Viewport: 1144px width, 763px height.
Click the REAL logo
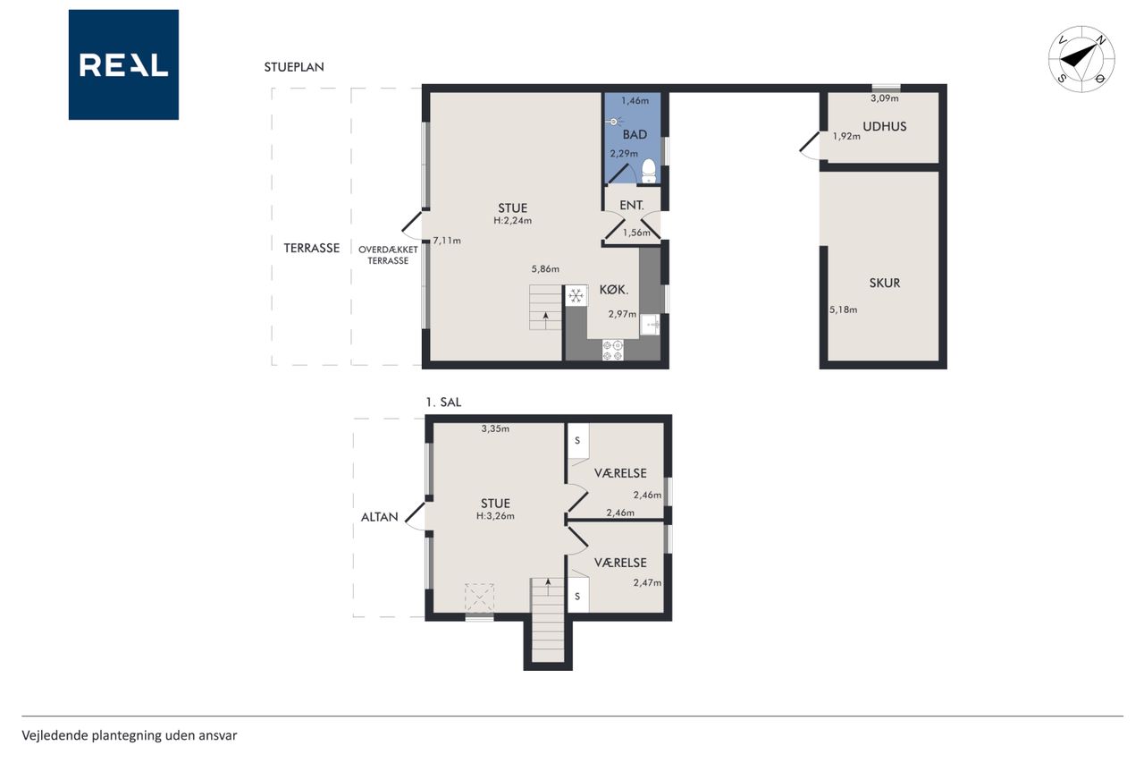(x=123, y=65)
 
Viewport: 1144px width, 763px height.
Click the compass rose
(x=1081, y=59)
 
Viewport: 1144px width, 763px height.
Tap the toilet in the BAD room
(x=649, y=171)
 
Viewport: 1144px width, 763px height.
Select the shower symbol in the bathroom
(x=614, y=122)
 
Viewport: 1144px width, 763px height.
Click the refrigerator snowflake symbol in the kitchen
(x=576, y=295)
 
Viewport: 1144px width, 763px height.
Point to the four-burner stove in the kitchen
(x=613, y=350)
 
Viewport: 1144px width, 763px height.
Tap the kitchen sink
(x=650, y=325)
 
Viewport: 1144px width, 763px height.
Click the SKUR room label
(x=885, y=283)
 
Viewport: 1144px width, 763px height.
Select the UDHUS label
(x=885, y=126)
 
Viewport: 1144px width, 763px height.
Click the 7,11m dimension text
(x=447, y=241)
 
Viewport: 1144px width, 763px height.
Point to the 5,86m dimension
(x=545, y=269)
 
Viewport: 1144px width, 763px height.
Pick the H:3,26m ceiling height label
(x=495, y=516)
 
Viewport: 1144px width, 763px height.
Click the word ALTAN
(x=380, y=517)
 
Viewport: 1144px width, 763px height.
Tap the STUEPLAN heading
(x=294, y=67)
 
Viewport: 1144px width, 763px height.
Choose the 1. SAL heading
(x=443, y=403)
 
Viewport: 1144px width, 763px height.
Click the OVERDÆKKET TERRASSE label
(x=388, y=255)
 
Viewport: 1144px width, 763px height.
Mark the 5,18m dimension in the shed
(x=843, y=309)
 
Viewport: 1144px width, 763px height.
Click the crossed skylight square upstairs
(x=479, y=598)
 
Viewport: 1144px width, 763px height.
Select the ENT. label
(x=632, y=206)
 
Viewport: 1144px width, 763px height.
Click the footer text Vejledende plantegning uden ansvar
(x=130, y=735)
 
